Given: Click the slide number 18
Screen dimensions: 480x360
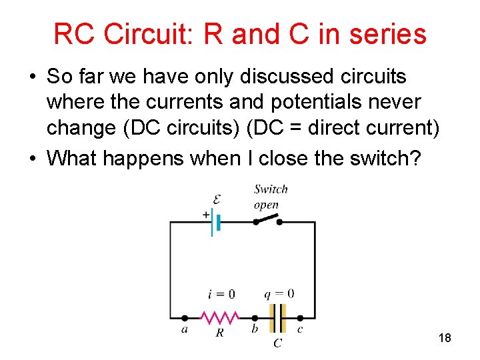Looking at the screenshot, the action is [x=445, y=338].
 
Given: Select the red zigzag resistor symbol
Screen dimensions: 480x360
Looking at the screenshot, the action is [x=219, y=317].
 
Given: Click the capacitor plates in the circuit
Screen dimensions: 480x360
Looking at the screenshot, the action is [x=277, y=317].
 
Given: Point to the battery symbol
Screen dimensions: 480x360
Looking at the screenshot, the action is [x=215, y=221].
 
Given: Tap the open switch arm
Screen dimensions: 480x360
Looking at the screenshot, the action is [x=267, y=219].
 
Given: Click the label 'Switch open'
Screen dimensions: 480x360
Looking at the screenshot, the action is [x=270, y=197].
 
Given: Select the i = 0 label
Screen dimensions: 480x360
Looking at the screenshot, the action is [x=221, y=294].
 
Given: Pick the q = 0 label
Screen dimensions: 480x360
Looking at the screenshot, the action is [x=279, y=293].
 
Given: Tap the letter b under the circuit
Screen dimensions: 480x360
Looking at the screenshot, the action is [x=255, y=329].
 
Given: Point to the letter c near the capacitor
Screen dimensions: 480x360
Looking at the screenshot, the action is [x=300, y=329].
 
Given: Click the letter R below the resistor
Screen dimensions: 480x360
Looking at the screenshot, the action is [x=219, y=332].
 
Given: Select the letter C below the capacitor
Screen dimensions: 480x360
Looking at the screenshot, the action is [x=277, y=343].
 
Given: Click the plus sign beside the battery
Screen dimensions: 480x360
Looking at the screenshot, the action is [x=205, y=215].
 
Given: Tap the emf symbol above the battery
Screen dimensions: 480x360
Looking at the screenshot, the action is [x=217, y=198].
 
